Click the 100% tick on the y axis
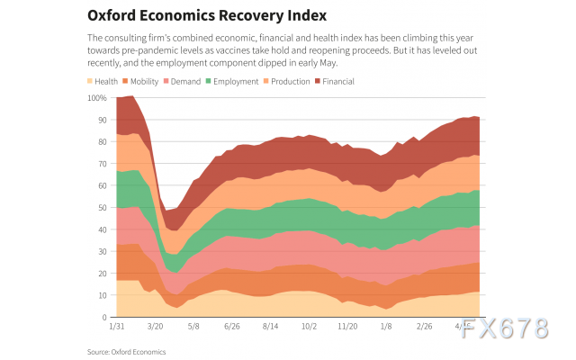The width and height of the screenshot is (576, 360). point(97,97)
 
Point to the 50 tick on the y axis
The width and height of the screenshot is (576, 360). point(100,207)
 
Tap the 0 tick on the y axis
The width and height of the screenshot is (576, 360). point(103,318)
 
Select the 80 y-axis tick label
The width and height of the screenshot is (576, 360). point(100,141)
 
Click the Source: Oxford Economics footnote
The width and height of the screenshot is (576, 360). point(127,351)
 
